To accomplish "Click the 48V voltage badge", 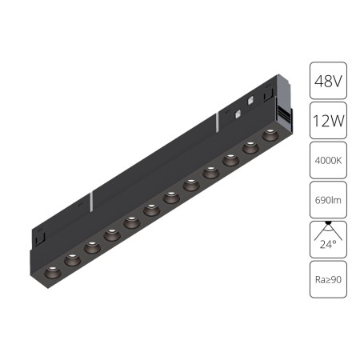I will point(328,82).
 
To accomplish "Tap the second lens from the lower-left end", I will point(72,258).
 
